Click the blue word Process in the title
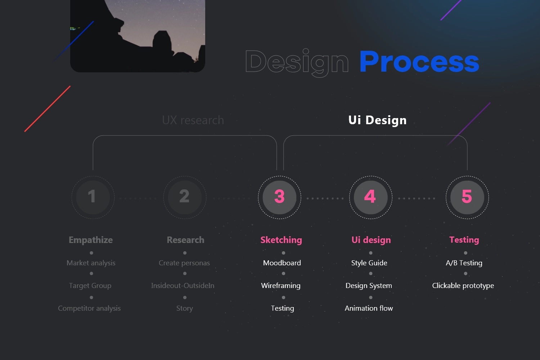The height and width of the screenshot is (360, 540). click(x=419, y=62)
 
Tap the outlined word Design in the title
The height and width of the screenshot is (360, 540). click(x=297, y=63)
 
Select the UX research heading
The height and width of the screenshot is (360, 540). click(x=193, y=120)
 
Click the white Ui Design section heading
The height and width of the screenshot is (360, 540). click(x=378, y=120)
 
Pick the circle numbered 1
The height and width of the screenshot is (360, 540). click(x=93, y=198)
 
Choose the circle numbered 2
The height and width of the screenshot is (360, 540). click(x=185, y=198)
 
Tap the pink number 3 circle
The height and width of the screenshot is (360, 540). click(x=279, y=198)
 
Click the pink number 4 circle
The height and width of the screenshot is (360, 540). click(x=371, y=198)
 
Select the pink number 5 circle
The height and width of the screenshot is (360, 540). click(x=467, y=198)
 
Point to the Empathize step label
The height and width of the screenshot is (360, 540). click(x=91, y=240)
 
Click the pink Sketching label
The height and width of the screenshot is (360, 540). click(x=281, y=240)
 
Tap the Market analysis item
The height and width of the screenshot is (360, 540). click(x=91, y=263)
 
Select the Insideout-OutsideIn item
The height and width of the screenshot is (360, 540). click(x=183, y=285)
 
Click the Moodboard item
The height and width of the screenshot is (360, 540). click(x=282, y=263)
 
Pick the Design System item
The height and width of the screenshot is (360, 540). click(x=369, y=286)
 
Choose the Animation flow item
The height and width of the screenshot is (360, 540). click(x=369, y=308)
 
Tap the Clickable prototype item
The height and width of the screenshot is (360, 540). click(x=463, y=286)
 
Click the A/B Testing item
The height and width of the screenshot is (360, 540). click(x=464, y=263)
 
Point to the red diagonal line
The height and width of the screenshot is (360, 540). click(x=48, y=109)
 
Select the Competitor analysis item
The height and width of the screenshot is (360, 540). click(x=89, y=309)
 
